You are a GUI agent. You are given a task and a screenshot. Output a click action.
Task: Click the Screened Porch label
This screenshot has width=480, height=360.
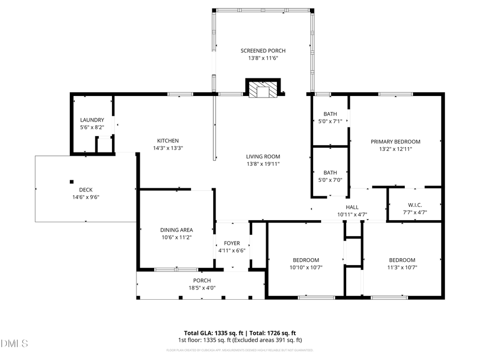point(263,51)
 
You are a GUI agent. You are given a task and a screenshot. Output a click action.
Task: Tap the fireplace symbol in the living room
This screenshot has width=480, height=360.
point(262,89)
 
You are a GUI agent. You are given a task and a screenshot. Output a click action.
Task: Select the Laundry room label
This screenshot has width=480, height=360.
point(92,120)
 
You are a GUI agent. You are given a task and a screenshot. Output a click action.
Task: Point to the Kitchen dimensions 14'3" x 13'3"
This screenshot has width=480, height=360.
point(164,148)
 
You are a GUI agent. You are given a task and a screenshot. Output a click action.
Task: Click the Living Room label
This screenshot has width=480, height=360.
point(263,156)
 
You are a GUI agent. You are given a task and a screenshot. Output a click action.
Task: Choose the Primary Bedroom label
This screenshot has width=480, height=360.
point(395,141)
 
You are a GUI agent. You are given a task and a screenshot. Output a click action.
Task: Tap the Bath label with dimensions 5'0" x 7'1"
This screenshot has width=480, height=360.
point(330,114)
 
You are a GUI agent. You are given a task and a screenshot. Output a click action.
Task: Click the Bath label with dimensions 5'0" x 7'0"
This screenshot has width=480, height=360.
point(330,172)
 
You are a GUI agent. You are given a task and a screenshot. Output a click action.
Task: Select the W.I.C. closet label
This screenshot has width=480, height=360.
point(414,205)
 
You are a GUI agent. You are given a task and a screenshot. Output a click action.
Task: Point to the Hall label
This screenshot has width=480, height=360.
point(352,207)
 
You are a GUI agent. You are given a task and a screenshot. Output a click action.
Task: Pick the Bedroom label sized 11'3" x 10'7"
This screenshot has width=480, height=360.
point(402,260)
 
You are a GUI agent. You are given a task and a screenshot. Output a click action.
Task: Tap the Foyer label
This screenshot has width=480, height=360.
point(231,243)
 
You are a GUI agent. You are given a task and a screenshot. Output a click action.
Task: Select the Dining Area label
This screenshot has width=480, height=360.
point(177,230)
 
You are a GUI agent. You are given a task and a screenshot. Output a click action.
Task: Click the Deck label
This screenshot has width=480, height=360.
point(86,189)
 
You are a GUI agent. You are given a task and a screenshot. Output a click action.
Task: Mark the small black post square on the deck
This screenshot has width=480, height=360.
point(72,181)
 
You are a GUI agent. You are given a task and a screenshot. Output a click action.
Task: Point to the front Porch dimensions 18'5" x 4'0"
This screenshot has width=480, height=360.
point(202,288)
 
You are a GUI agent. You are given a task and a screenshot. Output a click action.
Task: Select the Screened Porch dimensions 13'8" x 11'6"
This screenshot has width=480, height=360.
point(263,58)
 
